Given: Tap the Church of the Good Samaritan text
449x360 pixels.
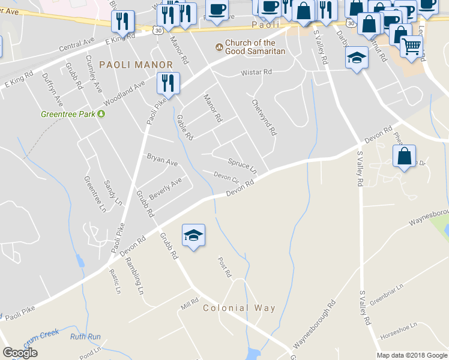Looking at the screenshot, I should (x=250, y=47).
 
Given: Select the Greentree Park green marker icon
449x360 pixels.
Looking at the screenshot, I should (x=101, y=113).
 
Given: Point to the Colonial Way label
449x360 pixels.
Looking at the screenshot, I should (x=239, y=308).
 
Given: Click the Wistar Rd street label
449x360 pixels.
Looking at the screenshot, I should (x=256, y=72).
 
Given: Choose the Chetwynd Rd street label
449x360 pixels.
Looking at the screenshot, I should (x=264, y=116).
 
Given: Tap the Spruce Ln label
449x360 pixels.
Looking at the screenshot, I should (x=243, y=164).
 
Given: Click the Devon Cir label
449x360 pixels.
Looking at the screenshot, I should (x=227, y=177).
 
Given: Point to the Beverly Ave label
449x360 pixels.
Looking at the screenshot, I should (x=165, y=189).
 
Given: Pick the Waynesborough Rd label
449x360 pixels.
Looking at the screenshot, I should (x=313, y=326).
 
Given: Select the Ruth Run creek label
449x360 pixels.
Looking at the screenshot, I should (x=85, y=337).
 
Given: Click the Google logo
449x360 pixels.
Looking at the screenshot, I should (x=20, y=353).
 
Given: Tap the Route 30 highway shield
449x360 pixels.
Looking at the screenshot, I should (x=157, y=29).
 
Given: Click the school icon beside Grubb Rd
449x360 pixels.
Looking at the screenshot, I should (x=193, y=236).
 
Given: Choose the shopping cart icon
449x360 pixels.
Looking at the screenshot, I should (x=411, y=47).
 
